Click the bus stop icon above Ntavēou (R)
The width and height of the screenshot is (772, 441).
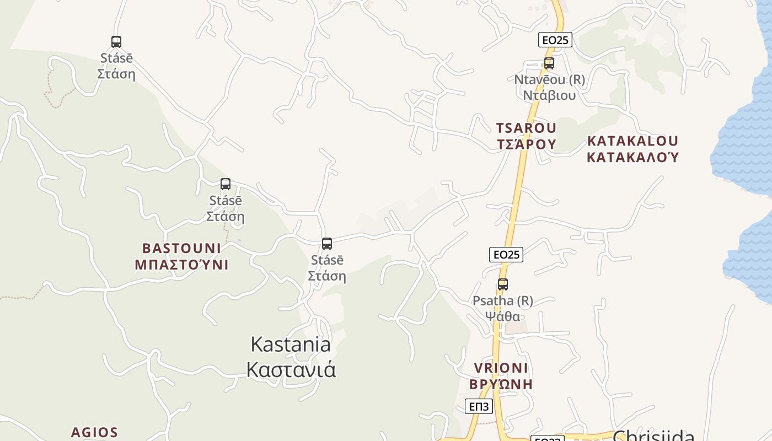pos(549,63)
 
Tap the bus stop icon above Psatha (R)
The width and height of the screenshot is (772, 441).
pos(502,284)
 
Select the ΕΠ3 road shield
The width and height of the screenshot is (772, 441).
pos(479,407)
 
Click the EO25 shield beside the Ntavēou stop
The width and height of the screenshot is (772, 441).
pos(555,40)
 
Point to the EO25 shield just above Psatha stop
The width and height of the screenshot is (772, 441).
pos(506,254)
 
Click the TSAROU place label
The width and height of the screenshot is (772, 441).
pos(526,128)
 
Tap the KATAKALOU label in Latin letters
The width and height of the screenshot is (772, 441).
pos(632,141)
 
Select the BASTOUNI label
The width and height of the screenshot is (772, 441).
pos(181,248)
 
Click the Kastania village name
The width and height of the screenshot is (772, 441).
pos(291,344)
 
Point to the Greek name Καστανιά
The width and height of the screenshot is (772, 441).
pos(291,369)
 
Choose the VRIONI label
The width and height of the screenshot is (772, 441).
pos(501,368)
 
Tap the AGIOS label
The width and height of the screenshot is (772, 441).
pos(94,432)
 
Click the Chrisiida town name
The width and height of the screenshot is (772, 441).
pos(653,436)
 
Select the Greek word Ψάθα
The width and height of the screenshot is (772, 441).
pos(502,316)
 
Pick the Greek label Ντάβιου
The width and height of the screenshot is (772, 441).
pos(549,95)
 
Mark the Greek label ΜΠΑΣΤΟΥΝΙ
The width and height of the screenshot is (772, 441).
pos(181,265)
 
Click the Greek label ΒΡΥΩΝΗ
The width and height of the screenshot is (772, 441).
pos(501,384)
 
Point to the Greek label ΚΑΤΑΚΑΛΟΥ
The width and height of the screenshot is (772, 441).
pos(632,158)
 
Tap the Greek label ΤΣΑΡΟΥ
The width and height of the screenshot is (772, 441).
pos(526,144)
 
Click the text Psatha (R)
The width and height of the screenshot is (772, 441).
pos(502,301)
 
